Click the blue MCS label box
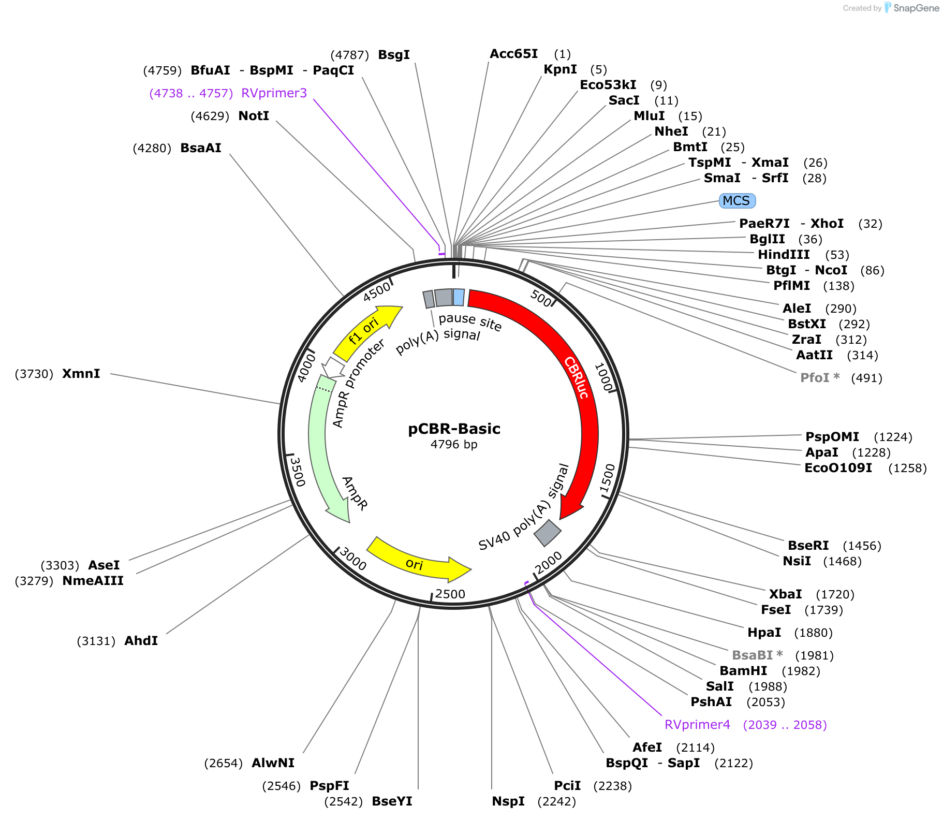point(737,201)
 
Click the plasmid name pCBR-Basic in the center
point(454,429)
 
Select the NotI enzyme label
point(254,116)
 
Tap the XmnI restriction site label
point(81,374)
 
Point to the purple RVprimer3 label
point(274,93)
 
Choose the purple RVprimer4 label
point(697,725)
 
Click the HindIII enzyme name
point(784,255)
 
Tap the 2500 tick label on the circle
point(450,594)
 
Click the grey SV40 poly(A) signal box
point(548,533)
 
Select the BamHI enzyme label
point(743,671)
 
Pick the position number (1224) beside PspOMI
point(893,437)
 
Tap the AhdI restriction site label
point(141,641)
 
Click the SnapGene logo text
point(916,8)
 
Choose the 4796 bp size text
point(454,444)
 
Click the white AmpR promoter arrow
point(332,367)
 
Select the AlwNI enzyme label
point(273,763)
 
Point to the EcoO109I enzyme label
point(838,468)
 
